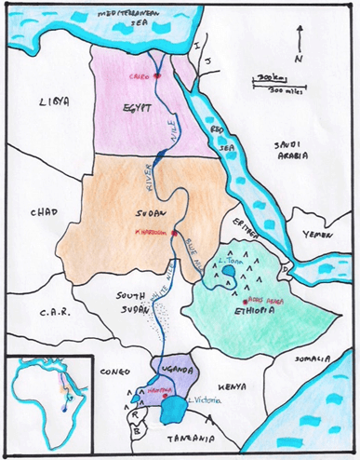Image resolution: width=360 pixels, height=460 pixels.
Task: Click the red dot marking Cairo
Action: point(157,74)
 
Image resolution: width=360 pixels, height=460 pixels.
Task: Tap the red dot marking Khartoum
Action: point(174,234)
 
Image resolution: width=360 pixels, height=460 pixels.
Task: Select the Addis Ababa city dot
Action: point(243,301)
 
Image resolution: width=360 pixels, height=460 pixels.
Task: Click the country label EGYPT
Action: point(137,109)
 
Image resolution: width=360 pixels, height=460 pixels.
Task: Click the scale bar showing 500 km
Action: point(270,86)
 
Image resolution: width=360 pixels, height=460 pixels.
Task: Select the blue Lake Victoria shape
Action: point(172,408)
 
